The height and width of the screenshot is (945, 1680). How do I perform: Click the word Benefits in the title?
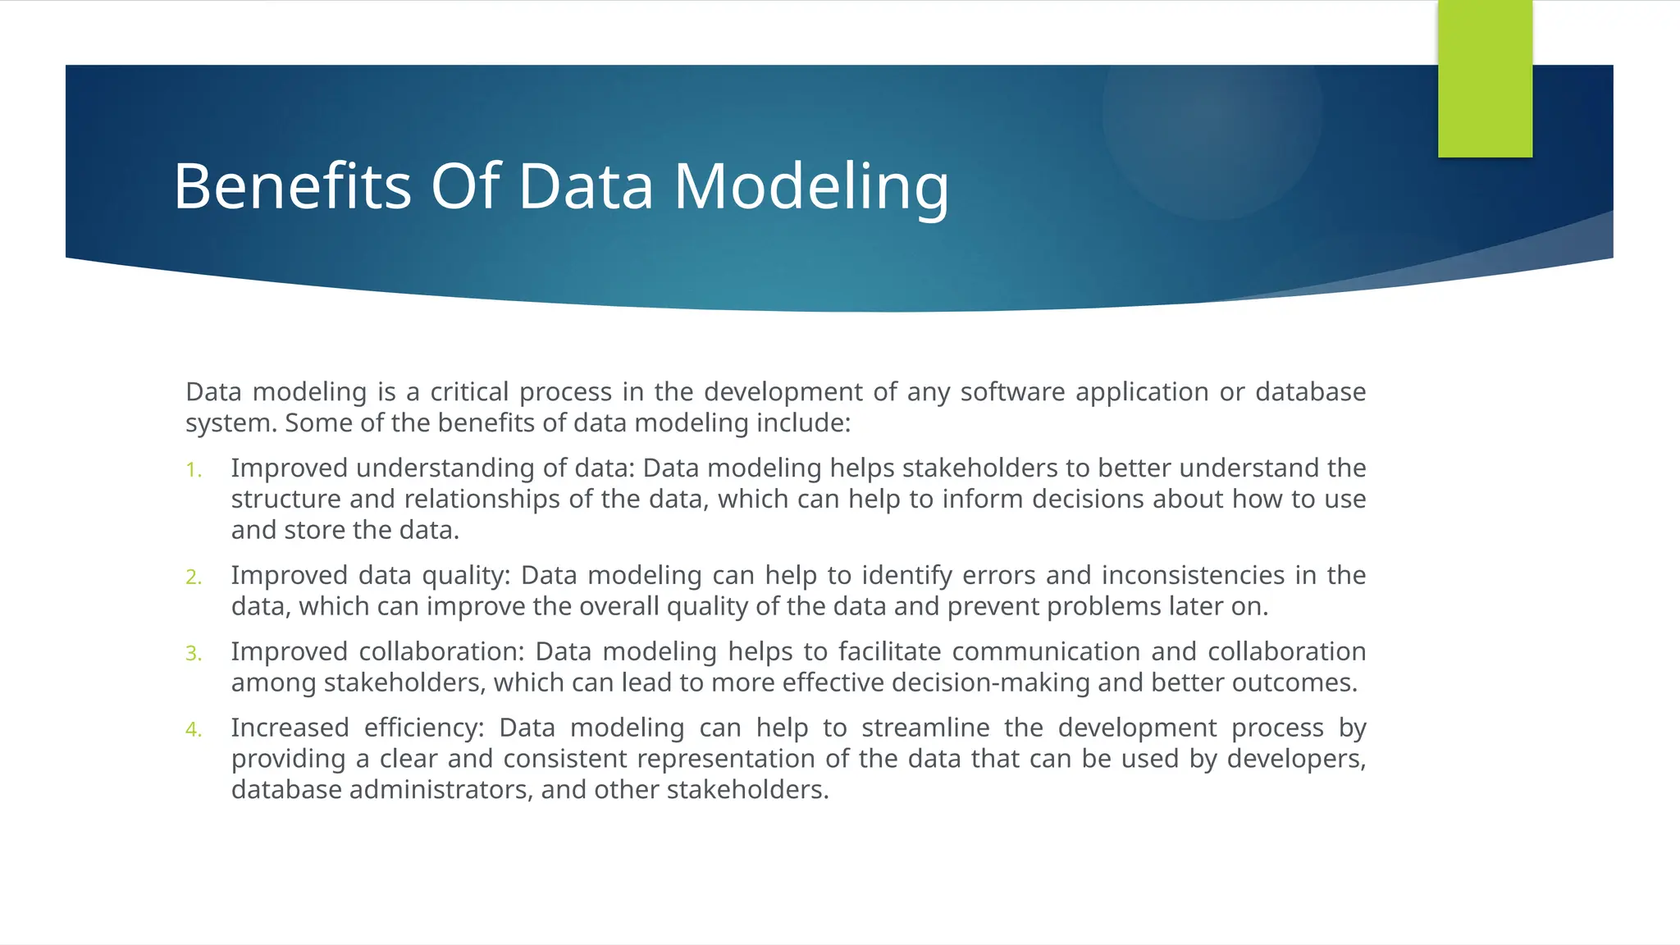point(292,187)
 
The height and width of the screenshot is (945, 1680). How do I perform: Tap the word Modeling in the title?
point(811,187)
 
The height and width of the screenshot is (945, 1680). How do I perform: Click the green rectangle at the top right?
point(1485,79)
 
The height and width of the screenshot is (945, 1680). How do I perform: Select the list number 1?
point(193,470)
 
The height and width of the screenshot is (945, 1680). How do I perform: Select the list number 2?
point(193,577)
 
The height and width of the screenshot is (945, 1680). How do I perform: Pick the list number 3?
point(193,654)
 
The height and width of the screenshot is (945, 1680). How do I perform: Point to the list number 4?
point(193,730)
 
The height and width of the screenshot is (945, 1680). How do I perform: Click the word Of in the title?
point(465,187)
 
